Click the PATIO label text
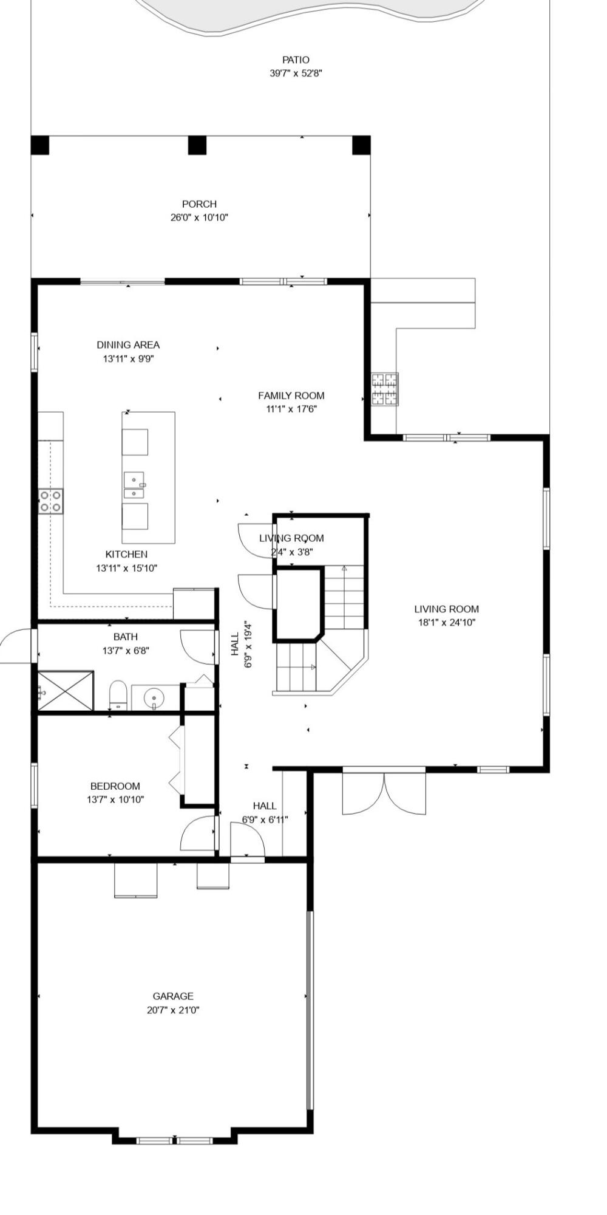(296, 60)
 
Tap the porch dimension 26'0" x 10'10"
(199, 217)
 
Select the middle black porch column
(197, 145)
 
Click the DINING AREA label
(128, 344)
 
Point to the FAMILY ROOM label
(291, 395)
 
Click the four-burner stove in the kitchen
(50, 501)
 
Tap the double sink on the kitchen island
(134, 485)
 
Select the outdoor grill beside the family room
(385, 389)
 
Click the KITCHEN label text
(126, 554)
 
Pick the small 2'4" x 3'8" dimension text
(291, 552)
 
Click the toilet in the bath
(118, 694)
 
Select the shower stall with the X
(66, 690)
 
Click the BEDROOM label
(115, 786)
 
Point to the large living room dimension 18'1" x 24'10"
(446, 622)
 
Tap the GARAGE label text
(173, 996)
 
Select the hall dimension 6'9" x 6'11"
(265, 820)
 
